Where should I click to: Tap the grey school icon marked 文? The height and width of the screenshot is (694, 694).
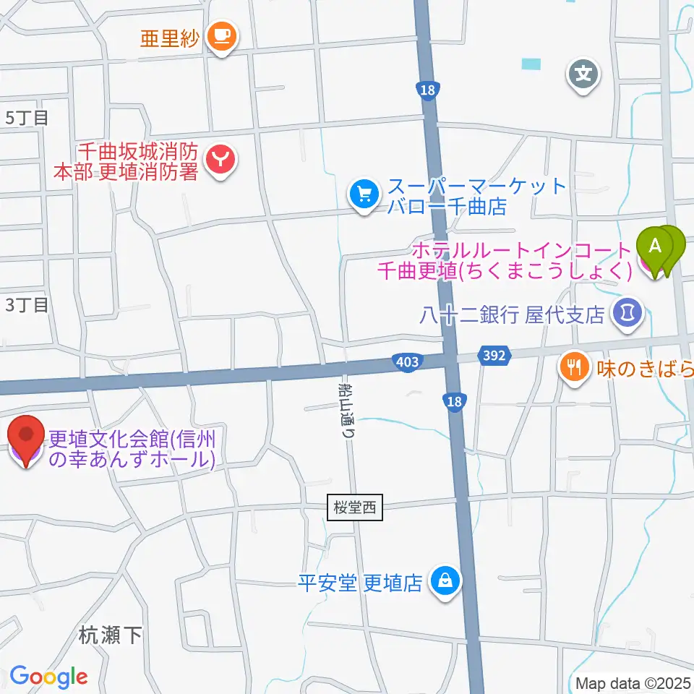point(584,73)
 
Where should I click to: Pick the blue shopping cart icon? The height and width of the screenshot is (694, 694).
point(364,194)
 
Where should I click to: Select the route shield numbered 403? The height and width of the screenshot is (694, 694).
point(408,361)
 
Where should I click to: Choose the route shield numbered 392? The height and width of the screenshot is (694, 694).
point(494,355)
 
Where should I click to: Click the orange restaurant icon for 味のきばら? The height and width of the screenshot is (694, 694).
point(575,367)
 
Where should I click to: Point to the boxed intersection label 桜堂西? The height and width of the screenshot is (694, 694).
point(355,507)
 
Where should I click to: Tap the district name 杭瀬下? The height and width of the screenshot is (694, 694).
point(110,635)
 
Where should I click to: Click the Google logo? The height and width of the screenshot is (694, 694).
point(48,677)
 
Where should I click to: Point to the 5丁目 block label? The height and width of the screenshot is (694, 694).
point(27,118)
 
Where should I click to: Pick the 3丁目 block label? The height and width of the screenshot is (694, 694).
point(27,305)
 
